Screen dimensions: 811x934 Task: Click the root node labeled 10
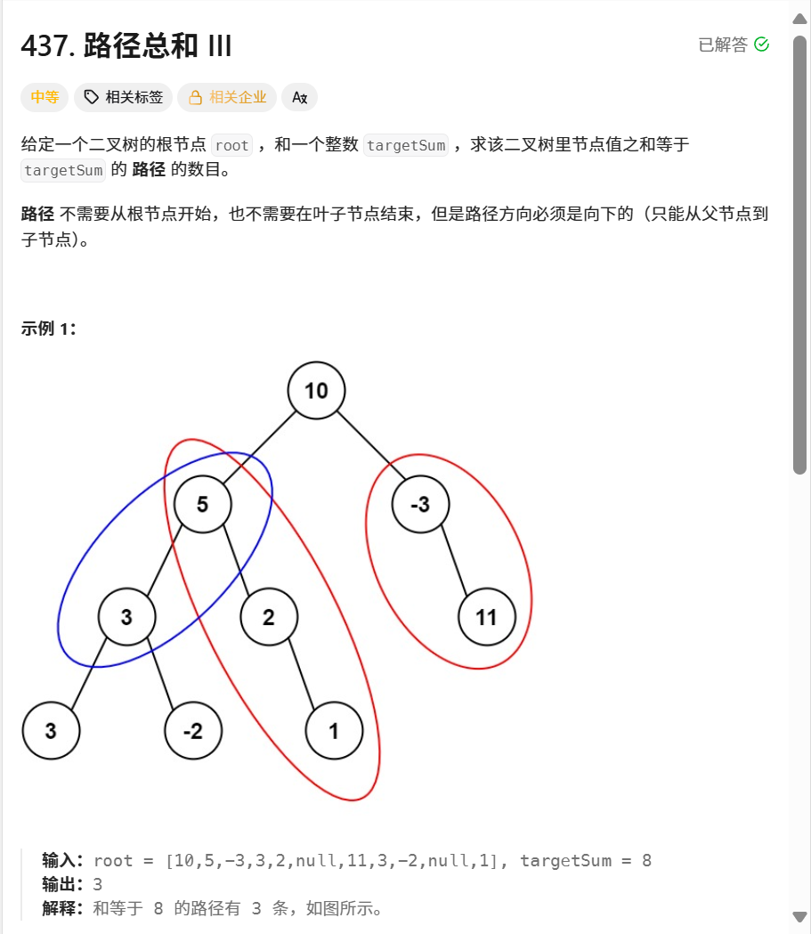tap(316, 391)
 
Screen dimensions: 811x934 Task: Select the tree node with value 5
tap(202, 505)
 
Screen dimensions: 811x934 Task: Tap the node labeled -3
tap(420, 505)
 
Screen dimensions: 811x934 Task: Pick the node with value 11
tap(486, 617)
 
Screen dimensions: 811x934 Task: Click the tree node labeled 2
tap(268, 617)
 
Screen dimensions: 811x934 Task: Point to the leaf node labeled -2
tap(192, 731)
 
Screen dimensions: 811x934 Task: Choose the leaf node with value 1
tap(334, 731)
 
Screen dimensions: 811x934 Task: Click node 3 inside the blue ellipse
tap(126, 617)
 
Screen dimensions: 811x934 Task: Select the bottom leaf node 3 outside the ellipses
tap(51, 731)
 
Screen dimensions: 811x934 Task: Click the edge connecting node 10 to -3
tap(368, 446)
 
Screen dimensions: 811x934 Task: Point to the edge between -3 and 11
tap(453, 561)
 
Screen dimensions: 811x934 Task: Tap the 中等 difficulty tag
tap(45, 97)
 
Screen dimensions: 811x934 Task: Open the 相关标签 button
tap(123, 97)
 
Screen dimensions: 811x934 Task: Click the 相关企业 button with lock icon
tap(227, 97)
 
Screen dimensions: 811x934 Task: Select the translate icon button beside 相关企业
tap(299, 97)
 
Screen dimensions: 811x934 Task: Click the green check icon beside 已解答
tap(761, 45)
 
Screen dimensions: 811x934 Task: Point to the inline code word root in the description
tap(232, 145)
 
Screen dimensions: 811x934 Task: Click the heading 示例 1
tap(49, 329)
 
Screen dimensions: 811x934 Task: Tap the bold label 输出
tap(62, 885)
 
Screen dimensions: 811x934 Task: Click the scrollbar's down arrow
tap(799, 916)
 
